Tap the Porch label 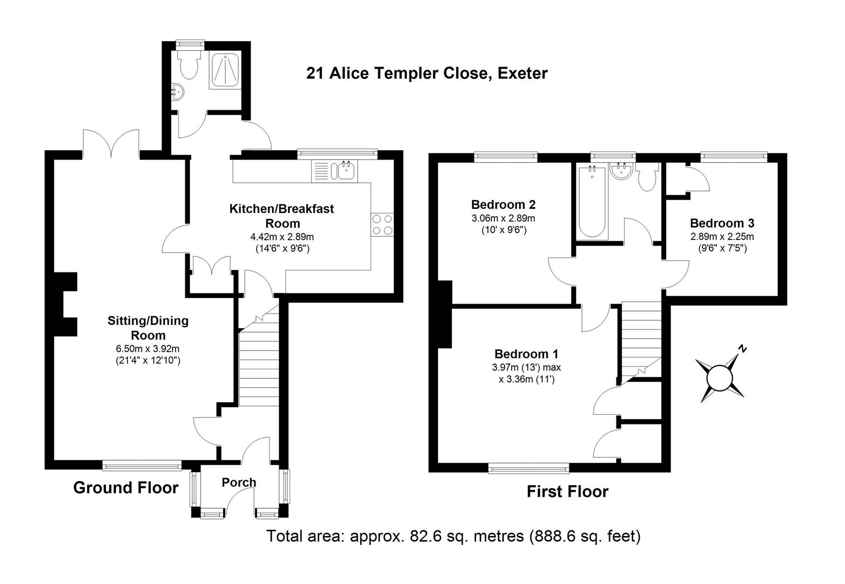(239, 482)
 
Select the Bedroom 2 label (503, 204)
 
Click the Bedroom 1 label (526, 354)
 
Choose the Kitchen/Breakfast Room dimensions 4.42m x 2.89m (281, 236)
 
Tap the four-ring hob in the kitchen (382, 224)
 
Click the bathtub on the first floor (592, 203)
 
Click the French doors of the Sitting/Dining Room (112, 143)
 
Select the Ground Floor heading (125, 488)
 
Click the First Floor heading (567, 492)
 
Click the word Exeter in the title (522, 72)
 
